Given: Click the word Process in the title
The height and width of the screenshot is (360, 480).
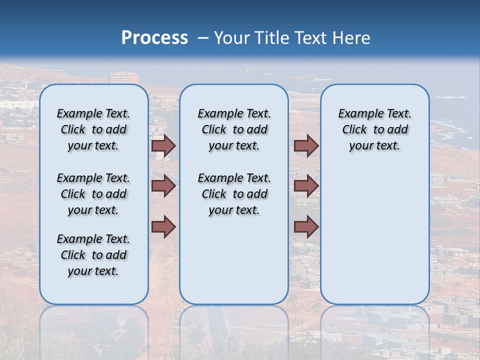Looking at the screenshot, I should (x=154, y=38).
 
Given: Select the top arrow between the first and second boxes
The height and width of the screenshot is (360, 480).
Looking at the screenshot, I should (x=163, y=145).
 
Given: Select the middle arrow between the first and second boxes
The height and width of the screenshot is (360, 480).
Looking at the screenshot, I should (x=163, y=186).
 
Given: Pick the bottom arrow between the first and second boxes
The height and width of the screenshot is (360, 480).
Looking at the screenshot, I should (x=163, y=227).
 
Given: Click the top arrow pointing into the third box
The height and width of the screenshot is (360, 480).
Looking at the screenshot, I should (x=306, y=145).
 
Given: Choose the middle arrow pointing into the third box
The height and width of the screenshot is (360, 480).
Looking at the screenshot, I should (x=306, y=186).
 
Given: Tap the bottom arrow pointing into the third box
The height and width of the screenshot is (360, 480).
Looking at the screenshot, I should (x=306, y=227).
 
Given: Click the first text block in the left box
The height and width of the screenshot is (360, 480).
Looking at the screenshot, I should (x=93, y=129).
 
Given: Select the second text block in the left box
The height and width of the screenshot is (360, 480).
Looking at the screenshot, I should (x=93, y=194).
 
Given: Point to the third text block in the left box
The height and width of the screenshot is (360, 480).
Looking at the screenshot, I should (x=93, y=255).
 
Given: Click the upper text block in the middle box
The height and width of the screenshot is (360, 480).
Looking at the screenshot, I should (x=234, y=129).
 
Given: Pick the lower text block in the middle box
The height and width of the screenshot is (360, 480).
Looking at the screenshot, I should (x=234, y=194).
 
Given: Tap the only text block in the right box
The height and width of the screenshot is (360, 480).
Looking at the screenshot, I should (x=375, y=129).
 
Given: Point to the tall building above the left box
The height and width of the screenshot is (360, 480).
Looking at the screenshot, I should (x=124, y=78).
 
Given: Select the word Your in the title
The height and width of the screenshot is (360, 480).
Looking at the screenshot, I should (x=232, y=38).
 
